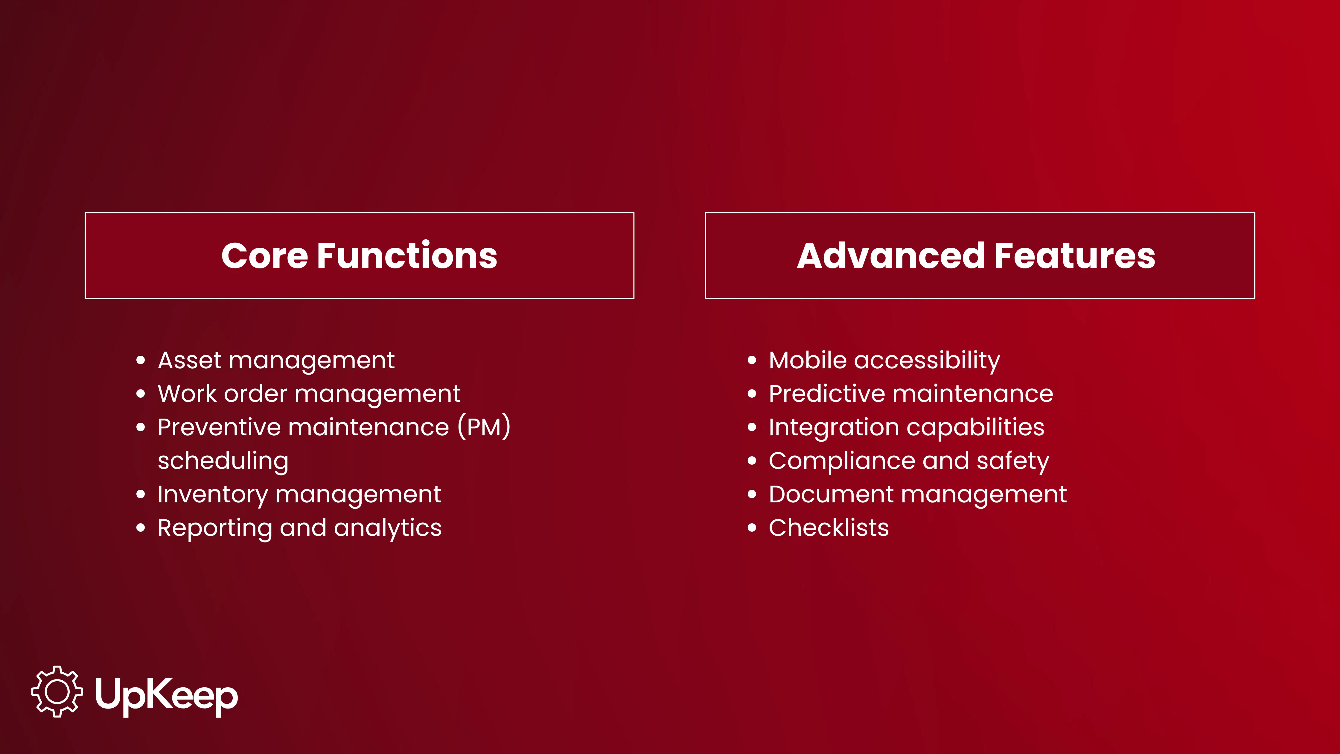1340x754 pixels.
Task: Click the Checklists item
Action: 829,528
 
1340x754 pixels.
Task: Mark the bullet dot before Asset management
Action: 141,361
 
